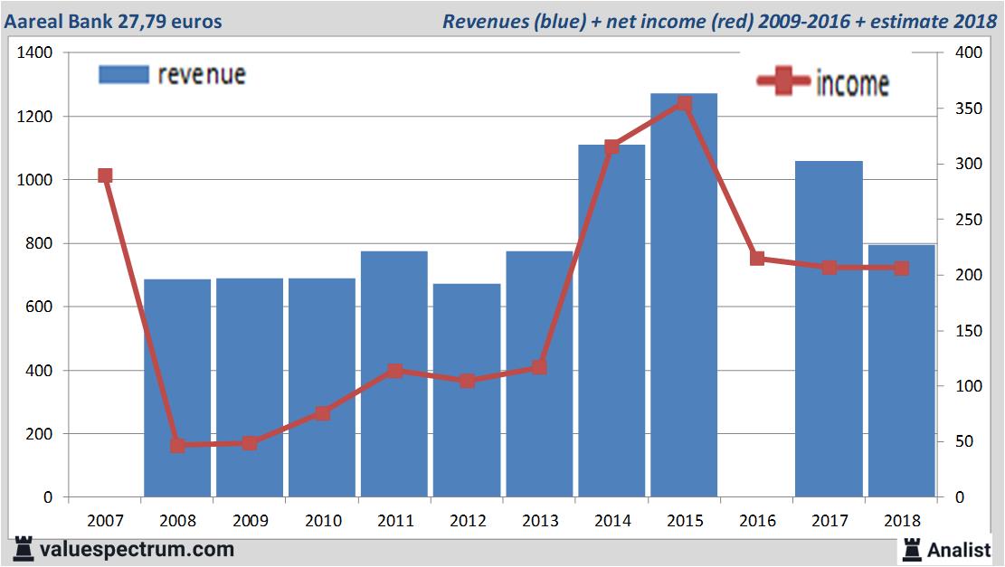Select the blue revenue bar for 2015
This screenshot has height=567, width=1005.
684,298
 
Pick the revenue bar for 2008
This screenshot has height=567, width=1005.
177,389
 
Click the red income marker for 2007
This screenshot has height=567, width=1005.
105,175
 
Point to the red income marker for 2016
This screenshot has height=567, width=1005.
757,259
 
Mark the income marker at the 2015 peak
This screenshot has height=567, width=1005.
684,104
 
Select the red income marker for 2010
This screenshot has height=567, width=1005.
323,413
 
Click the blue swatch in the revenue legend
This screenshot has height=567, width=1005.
123,74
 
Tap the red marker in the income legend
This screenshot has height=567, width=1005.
783,81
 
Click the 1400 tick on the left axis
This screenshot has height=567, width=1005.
35,53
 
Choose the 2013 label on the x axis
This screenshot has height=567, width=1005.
540,521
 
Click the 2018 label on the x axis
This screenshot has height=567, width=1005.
902,521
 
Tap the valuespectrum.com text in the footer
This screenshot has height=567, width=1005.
136,549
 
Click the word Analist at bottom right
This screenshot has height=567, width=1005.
959,549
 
